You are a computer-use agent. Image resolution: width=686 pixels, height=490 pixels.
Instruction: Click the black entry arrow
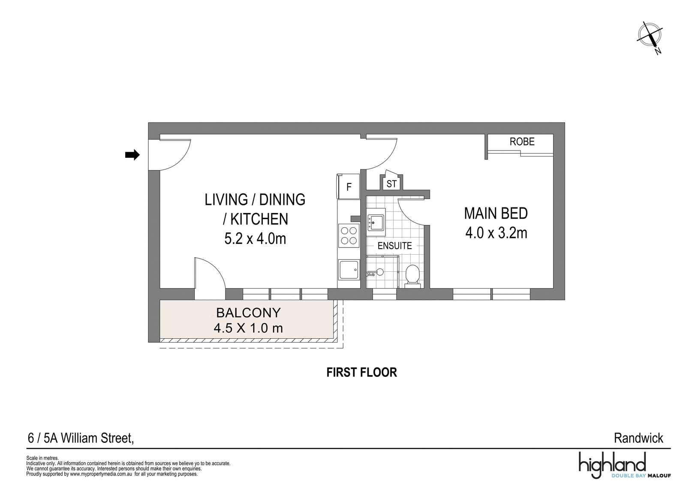pos(132,155)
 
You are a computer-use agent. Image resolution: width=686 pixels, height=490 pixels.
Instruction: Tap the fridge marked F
pos(348,186)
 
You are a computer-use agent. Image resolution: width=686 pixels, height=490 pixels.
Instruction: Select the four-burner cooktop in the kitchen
pos(349,235)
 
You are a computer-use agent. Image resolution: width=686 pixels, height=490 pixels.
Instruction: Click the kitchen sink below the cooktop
pos(349,270)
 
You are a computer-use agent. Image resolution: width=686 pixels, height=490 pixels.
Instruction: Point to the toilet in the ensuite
pos(412,276)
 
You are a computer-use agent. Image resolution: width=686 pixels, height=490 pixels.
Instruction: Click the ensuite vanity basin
pos(376,222)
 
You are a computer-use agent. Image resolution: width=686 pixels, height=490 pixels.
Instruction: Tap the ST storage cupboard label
pos(391,184)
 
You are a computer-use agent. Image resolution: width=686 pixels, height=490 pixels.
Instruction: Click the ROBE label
pos(522,141)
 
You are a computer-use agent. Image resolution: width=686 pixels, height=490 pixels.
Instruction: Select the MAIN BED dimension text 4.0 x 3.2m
pos(496,233)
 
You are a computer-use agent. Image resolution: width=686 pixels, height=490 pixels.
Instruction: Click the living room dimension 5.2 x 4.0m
pos(255,238)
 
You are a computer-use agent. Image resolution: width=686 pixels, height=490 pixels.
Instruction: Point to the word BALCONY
pos(248,313)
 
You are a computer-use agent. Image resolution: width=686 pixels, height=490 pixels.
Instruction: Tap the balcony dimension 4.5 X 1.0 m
pos(248,328)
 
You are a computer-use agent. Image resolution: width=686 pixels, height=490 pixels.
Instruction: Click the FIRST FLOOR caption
pos(362,373)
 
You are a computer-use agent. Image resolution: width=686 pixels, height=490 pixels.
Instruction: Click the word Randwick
pos(638,438)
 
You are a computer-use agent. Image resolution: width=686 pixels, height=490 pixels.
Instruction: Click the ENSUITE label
pos(395,246)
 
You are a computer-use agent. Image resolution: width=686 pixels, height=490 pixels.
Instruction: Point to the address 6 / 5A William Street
pos(81,438)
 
